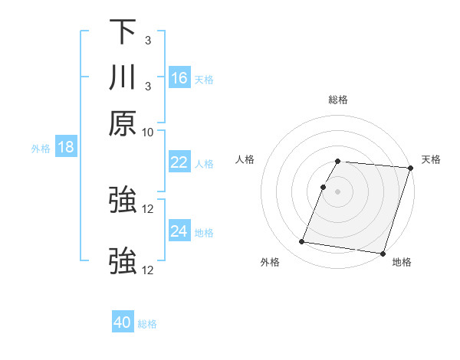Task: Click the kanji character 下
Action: pyautogui.click(x=123, y=32)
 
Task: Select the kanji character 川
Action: pyautogui.click(x=123, y=78)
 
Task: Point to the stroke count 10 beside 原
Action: pyautogui.click(x=148, y=133)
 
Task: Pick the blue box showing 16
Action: pyautogui.click(x=179, y=78)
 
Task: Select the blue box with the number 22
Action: pyautogui.click(x=179, y=162)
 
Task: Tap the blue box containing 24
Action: pyautogui.click(x=179, y=231)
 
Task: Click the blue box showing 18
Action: pyautogui.click(x=66, y=147)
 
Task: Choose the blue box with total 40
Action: pyautogui.click(x=123, y=322)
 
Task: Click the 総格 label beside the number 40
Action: pyautogui.click(x=147, y=324)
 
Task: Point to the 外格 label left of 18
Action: pyautogui.click(x=41, y=149)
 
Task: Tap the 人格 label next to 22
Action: pyautogui.click(x=204, y=164)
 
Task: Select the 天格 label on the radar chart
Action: pyautogui.click(x=431, y=159)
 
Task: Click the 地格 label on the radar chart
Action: pyautogui.click(x=402, y=262)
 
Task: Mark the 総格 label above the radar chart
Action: pyautogui.click(x=337, y=100)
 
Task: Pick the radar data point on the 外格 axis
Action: pyautogui.click(x=302, y=242)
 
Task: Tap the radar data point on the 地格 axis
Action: pyautogui.click(x=383, y=253)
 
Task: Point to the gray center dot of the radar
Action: pyautogui.click(x=337, y=191)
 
